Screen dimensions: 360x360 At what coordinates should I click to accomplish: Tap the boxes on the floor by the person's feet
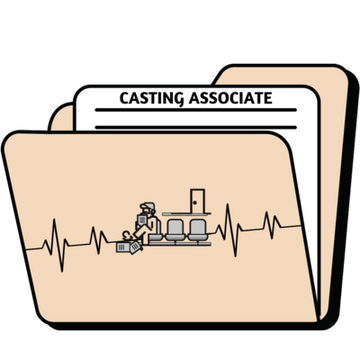pyautogui.click(x=124, y=244)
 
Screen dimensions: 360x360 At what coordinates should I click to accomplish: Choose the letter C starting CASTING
pyautogui.click(x=124, y=98)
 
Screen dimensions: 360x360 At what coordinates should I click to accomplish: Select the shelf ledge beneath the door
pyautogui.click(x=190, y=213)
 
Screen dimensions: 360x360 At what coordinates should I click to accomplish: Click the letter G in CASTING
pyautogui.click(x=176, y=98)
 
